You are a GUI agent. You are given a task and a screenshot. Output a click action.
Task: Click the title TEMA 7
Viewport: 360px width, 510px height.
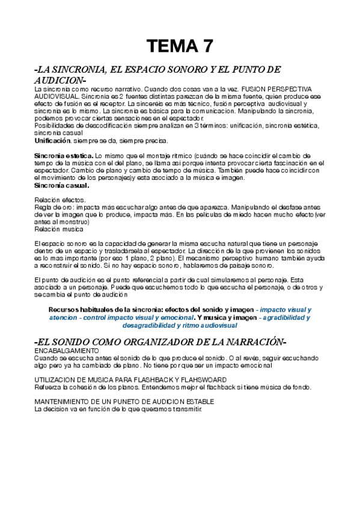pyautogui.click(x=180, y=46)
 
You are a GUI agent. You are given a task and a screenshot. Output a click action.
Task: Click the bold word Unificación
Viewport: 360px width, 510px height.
pyautogui.click(x=52, y=140)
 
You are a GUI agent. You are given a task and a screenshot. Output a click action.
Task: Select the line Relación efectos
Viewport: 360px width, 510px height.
pyautogui.click(x=60, y=200)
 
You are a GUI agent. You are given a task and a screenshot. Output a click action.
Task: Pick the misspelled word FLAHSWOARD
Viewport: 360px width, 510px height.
pyautogui.click(x=199, y=379)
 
